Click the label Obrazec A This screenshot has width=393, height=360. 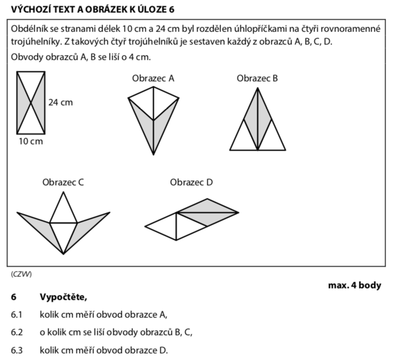(x=153, y=78)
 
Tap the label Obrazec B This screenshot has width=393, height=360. (x=257, y=78)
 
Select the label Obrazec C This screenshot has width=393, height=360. (x=63, y=182)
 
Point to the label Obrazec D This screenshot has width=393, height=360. (x=191, y=182)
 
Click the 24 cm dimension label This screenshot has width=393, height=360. (x=60, y=102)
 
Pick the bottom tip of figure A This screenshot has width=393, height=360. (x=154, y=155)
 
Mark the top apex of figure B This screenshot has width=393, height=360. (x=257, y=88)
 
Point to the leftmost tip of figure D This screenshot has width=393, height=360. (x=146, y=226)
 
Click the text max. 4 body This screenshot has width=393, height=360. (x=355, y=285)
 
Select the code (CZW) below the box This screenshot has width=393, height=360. (x=21, y=274)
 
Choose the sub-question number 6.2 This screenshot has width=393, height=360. (x=17, y=332)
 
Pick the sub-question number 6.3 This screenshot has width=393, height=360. (x=17, y=350)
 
